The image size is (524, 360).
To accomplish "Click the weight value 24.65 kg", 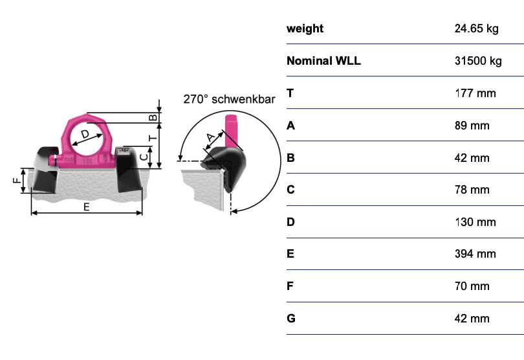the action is pyautogui.click(x=476, y=28).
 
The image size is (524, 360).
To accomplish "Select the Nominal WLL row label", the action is pyautogui.click(x=323, y=61).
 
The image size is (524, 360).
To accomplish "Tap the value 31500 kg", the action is pyautogui.click(x=478, y=61).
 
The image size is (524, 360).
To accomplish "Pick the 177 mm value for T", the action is pyautogui.click(x=475, y=93).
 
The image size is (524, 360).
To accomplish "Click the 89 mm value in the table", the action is pyautogui.click(x=472, y=126).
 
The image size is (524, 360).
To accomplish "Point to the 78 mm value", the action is pyautogui.click(x=472, y=190).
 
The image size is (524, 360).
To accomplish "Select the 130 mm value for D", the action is pyautogui.click(x=475, y=222).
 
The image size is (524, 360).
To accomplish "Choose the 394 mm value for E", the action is pyautogui.click(x=475, y=254).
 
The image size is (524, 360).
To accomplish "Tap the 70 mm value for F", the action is pyautogui.click(x=472, y=286).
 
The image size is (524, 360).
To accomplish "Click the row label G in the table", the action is pyautogui.click(x=290, y=318).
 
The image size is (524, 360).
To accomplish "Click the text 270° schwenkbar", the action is pyautogui.click(x=229, y=99).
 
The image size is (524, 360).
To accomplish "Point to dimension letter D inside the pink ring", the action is pyautogui.click(x=85, y=134).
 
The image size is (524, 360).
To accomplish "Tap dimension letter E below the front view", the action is pyautogui.click(x=86, y=207).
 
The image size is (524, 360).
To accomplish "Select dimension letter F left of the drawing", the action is pyautogui.click(x=17, y=181).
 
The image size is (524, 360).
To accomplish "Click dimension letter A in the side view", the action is pyautogui.click(x=210, y=137).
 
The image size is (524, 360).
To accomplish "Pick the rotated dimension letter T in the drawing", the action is pyautogui.click(x=153, y=138).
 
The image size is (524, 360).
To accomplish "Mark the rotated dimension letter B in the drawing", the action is pyautogui.click(x=153, y=117).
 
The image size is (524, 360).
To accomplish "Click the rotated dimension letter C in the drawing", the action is pyautogui.click(x=144, y=157).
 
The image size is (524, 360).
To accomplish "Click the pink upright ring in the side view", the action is pyautogui.click(x=231, y=131).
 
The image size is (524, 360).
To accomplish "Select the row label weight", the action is pyautogui.click(x=305, y=28).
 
